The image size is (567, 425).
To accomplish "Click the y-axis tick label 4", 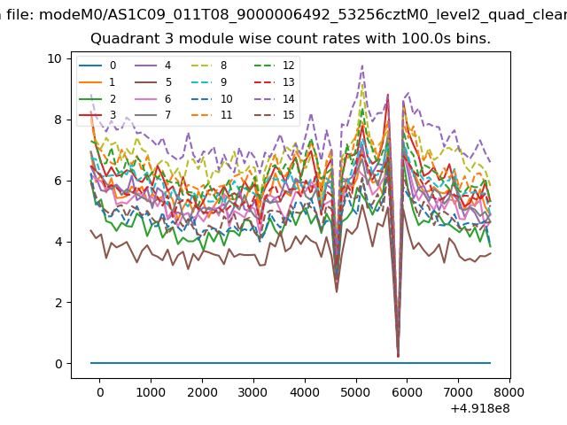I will (58, 242).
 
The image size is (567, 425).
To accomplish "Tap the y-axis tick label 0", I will (58, 364).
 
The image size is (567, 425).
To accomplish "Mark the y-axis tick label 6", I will (58, 181).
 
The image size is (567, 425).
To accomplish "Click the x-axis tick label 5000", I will (355, 392).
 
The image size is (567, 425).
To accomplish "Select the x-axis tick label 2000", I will (202, 392).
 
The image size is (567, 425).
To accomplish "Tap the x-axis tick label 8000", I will (509, 392).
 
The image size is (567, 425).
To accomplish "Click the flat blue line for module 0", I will (266, 363).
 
